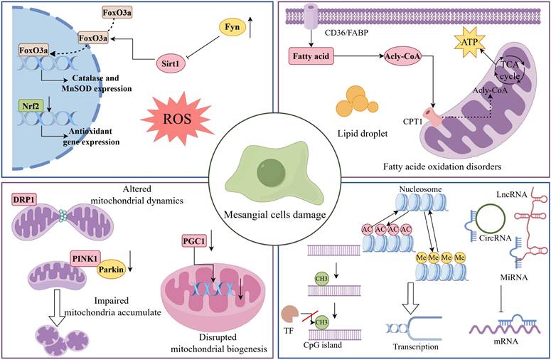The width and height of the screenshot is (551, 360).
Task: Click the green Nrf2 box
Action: [27, 106]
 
